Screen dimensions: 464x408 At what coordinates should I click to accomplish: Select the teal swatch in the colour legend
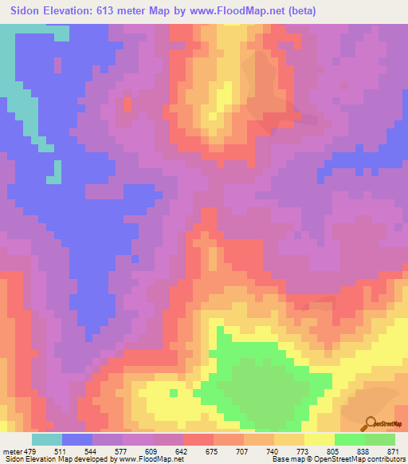47,439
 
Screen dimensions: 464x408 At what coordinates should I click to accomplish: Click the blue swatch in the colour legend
77,439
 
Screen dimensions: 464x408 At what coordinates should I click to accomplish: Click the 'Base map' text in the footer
290,459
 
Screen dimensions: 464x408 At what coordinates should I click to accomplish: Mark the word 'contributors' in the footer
385,459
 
